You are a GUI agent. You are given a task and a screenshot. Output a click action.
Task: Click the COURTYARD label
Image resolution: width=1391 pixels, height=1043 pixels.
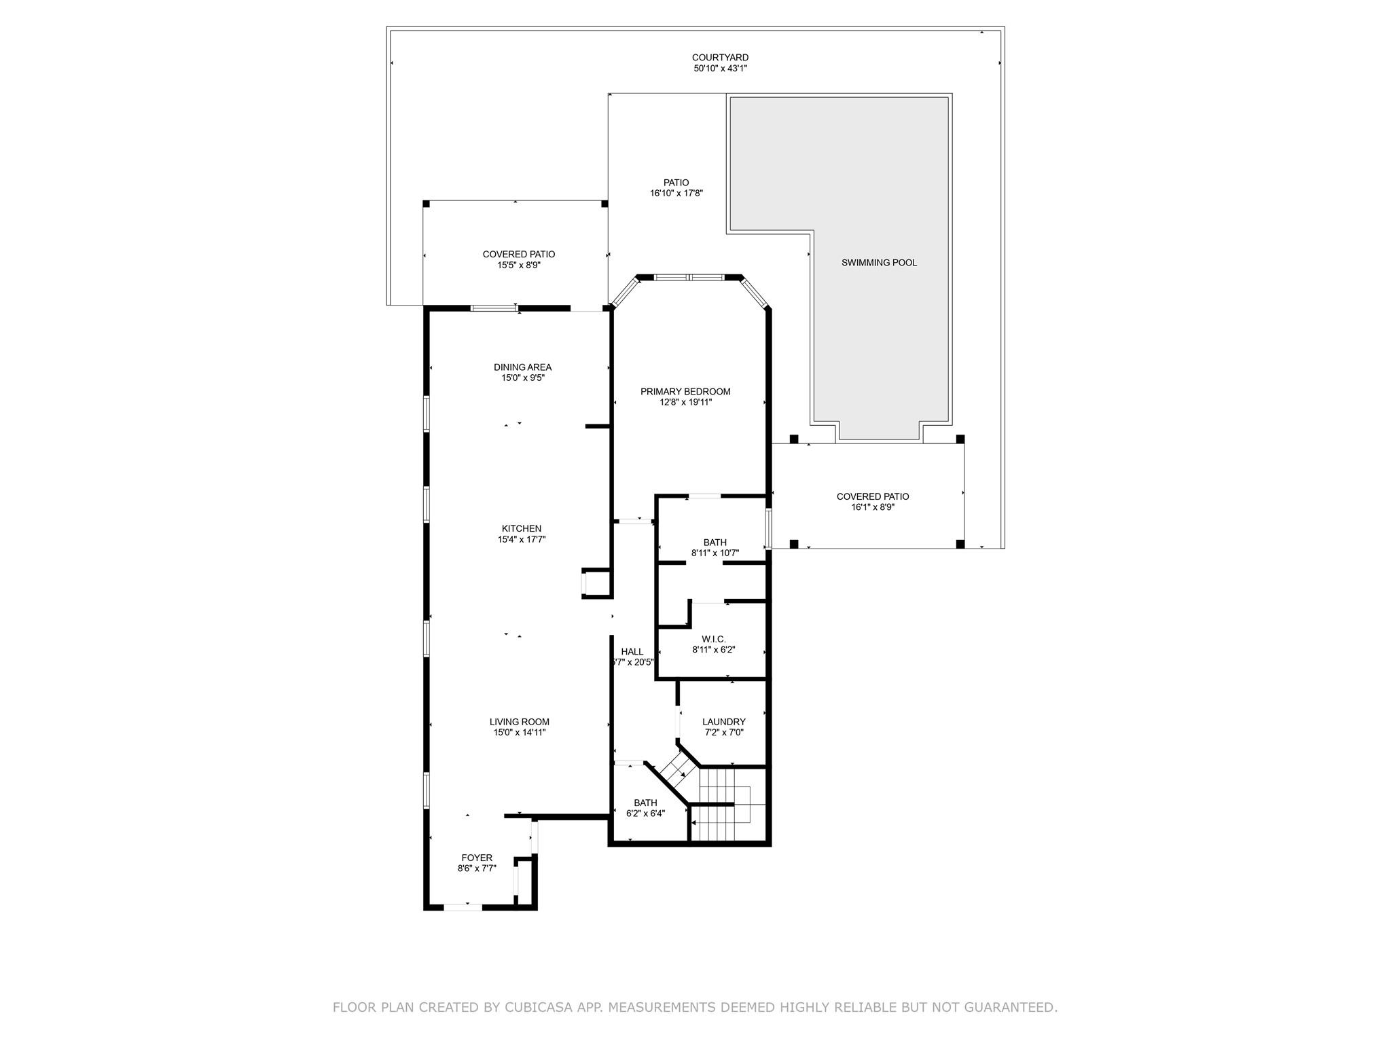[x=720, y=58]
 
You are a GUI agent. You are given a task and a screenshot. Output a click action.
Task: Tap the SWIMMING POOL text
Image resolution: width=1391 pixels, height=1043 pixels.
[x=879, y=263]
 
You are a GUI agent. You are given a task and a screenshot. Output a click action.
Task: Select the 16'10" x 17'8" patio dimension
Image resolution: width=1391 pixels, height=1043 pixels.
[x=676, y=194]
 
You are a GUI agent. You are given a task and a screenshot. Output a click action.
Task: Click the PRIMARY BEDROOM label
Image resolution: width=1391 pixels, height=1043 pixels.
[x=685, y=392]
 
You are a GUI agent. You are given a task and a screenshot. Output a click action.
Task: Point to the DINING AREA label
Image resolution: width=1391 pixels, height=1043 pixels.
[x=522, y=367]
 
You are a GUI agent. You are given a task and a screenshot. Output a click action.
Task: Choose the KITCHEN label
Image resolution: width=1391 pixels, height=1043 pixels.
[x=522, y=529]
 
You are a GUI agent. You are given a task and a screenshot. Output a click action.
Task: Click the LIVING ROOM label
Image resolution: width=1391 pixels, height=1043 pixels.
[x=520, y=722]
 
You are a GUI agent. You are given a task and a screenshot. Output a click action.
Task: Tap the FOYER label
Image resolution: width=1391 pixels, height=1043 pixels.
[x=477, y=858]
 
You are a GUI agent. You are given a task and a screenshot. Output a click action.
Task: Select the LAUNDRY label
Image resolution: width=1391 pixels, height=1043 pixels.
[x=724, y=722]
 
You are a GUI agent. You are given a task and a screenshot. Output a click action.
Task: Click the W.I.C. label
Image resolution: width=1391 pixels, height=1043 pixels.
[x=714, y=639]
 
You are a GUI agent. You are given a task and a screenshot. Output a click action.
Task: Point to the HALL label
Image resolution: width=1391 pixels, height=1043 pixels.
[x=632, y=652]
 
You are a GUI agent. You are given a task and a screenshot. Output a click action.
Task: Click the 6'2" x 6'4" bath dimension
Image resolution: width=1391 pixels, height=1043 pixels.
[x=645, y=813]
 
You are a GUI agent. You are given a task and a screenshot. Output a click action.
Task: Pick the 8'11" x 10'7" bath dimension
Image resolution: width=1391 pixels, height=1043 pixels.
[x=715, y=553]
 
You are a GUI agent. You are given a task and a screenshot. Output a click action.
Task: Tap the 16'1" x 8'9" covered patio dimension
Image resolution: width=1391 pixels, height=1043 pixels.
[x=873, y=507]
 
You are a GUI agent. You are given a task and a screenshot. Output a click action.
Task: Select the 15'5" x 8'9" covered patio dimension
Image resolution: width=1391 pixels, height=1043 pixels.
[x=519, y=265]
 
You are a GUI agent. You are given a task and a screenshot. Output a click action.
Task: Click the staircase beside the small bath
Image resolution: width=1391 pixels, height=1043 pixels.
[x=727, y=805]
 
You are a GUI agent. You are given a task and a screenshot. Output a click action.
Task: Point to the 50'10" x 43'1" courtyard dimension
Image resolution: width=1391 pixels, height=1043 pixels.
[x=720, y=69]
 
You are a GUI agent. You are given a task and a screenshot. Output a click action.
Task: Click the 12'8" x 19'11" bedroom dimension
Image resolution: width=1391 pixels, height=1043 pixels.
[x=685, y=403]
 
